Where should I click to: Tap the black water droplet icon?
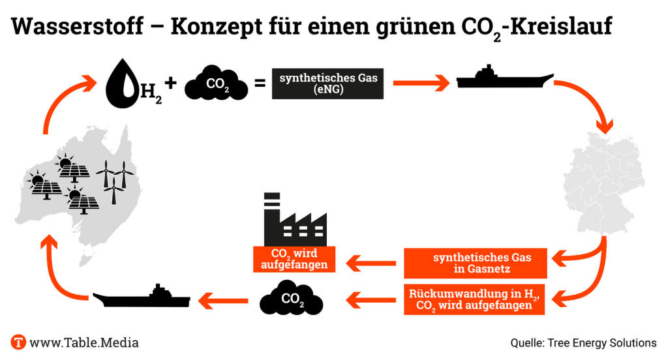pyautogui.click(x=121, y=87)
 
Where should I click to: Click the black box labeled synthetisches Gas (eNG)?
pyautogui.click(x=327, y=83)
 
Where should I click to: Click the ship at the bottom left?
pyautogui.click(x=142, y=297)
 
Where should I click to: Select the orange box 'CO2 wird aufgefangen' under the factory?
pyautogui.click(x=294, y=259)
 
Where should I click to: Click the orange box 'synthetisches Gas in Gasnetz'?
pyautogui.click(x=481, y=263)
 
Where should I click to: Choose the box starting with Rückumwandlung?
pyautogui.click(x=474, y=299)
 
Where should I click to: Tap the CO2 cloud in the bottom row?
pyautogui.click(x=292, y=299)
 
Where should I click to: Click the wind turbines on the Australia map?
pyautogui.click(x=115, y=179)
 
